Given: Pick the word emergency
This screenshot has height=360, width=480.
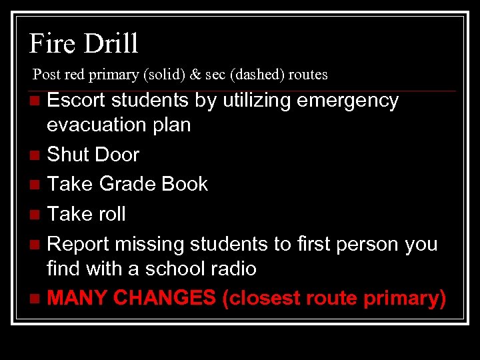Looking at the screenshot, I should (347, 101).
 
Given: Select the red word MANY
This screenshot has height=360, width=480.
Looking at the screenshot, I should (77, 298).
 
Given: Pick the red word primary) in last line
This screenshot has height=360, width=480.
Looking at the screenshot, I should (405, 298).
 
